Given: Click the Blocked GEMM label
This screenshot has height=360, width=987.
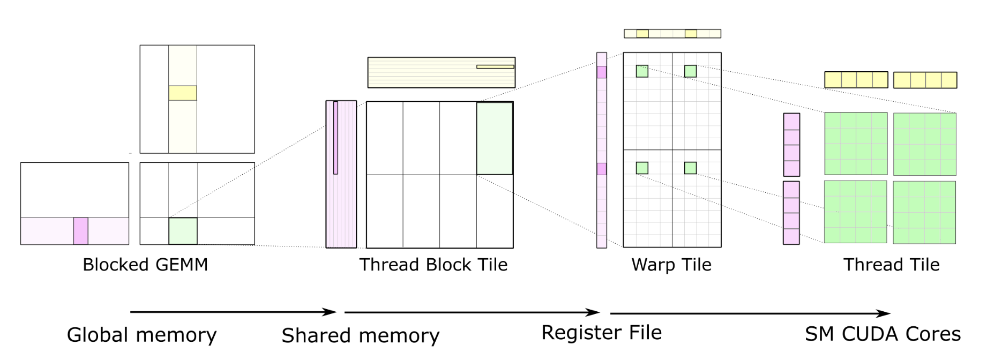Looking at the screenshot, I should point(145,265).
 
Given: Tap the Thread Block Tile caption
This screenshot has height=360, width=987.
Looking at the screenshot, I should point(433,265).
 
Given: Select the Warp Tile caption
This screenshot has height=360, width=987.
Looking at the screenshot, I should point(671,265).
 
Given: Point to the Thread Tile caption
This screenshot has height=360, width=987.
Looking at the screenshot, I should point(891,265).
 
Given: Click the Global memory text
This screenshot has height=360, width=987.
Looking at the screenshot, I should point(141,335).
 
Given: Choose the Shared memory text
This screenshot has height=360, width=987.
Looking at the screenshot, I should point(361,335).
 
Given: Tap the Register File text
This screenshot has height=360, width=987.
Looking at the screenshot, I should point(601,333).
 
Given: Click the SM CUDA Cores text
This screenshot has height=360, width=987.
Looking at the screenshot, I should point(883,334).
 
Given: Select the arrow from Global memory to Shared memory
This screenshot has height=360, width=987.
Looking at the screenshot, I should point(233,312).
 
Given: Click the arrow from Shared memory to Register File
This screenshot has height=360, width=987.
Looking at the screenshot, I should point(472,312).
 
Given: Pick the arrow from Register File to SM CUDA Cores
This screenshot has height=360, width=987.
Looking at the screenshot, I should point(750,313).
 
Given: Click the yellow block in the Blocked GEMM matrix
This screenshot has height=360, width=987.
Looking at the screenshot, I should point(183,93).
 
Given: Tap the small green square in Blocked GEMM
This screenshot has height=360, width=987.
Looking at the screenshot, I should point(183,231).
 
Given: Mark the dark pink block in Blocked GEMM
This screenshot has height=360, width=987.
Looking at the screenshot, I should point(80,231).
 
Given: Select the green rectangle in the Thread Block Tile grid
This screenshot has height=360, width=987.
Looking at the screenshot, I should point(495,138).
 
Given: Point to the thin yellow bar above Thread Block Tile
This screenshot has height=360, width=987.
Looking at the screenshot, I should point(495,67).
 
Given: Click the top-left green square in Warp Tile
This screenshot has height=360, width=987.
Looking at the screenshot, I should point(642,71).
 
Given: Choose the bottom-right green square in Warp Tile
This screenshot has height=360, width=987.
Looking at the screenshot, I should point(690,168).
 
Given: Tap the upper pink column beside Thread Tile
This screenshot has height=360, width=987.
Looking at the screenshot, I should point(791,145).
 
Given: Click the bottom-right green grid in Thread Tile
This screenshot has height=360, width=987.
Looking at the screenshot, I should point(924,213).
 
